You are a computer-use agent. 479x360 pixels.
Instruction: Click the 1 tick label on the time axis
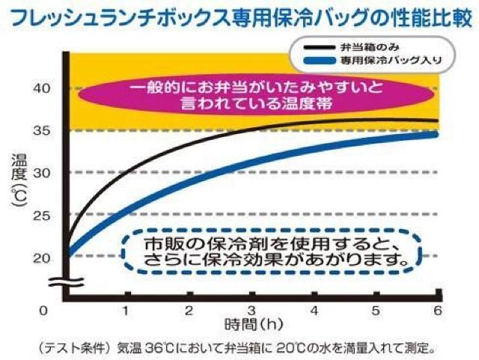127,310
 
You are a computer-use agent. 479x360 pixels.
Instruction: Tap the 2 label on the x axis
189,310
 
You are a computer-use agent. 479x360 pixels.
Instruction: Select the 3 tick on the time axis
252,310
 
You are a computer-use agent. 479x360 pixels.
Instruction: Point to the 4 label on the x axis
314,310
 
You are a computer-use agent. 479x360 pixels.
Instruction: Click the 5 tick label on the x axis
376,310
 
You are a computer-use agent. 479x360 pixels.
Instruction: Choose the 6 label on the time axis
439,310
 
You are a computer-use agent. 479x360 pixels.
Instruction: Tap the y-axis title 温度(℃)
19,180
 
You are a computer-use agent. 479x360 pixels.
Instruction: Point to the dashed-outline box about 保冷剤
270,252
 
